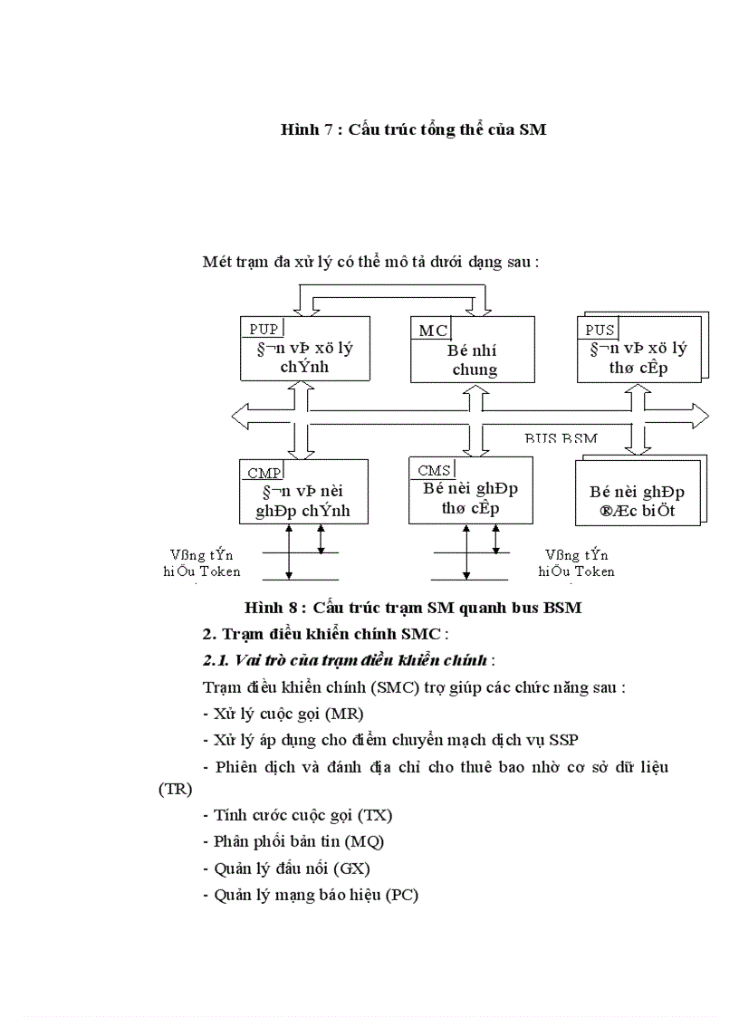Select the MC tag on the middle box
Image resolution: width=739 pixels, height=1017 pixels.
(433, 331)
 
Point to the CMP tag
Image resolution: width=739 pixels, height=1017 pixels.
(264, 472)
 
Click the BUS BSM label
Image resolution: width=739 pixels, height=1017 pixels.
(561, 438)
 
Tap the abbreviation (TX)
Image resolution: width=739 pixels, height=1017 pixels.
(376, 815)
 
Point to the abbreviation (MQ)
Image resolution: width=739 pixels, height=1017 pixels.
(364, 841)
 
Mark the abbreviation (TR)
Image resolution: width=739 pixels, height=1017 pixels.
(175, 789)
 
